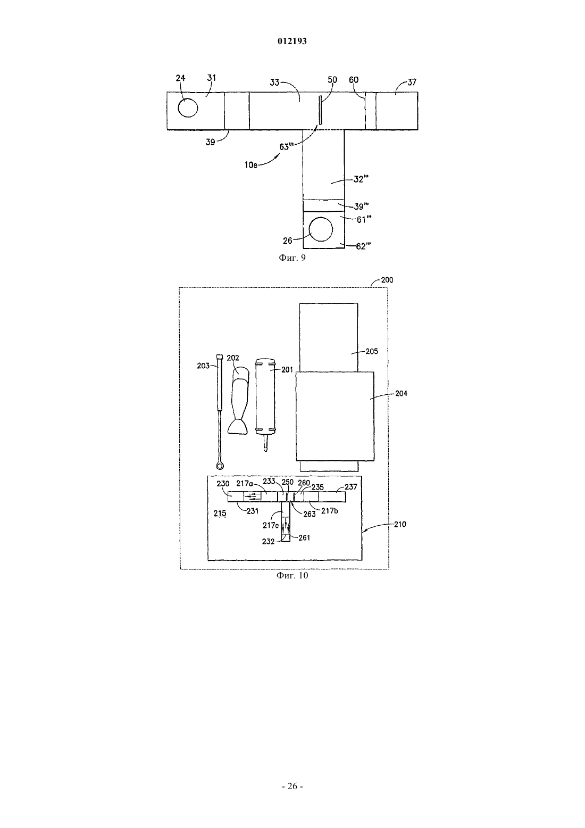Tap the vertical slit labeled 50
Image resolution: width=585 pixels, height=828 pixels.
coord(320,110)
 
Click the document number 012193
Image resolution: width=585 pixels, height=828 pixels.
coord(292,41)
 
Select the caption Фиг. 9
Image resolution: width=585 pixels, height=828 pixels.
coord(292,258)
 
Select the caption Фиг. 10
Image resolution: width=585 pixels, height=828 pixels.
coord(292,575)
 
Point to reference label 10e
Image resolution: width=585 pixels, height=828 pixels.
coord(251,165)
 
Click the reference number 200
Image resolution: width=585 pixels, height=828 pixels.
coord(387,280)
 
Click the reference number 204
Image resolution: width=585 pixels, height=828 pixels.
coord(401,393)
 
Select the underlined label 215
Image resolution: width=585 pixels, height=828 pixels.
coord(220,514)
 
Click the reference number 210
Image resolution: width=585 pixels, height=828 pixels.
coord(399,524)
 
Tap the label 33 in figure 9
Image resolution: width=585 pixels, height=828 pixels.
coord(274,82)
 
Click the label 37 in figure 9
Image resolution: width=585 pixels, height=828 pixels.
coord(412,82)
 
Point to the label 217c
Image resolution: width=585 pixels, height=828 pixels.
coord(271,525)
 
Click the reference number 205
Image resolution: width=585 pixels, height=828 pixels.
coord(372,351)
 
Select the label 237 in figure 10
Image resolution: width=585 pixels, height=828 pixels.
coord(351,487)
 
